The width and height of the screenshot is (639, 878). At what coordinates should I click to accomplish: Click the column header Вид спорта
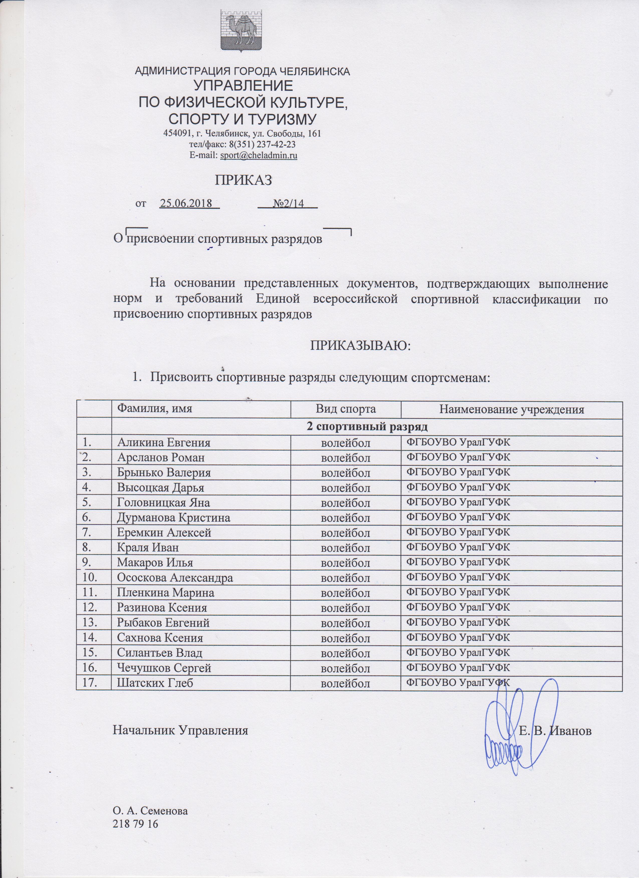coord(345,410)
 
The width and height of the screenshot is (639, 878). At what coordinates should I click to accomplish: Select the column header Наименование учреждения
coord(511,410)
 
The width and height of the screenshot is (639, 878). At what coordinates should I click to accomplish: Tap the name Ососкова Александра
coord(175,578)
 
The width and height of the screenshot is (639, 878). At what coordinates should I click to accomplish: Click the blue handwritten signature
coord(518,712)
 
